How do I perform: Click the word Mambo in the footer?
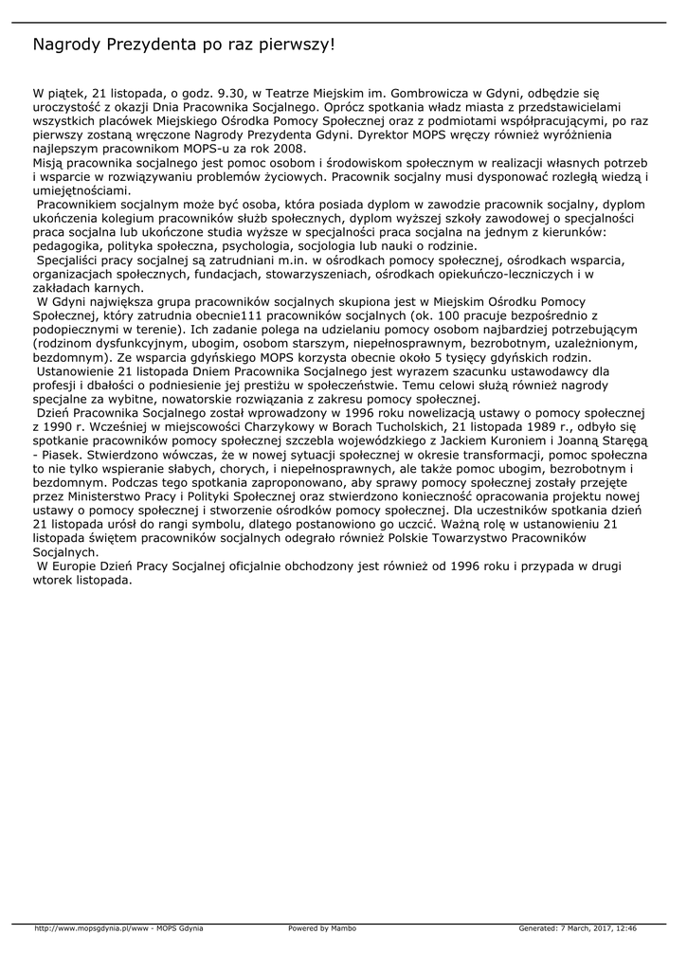(x=343, y=928)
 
